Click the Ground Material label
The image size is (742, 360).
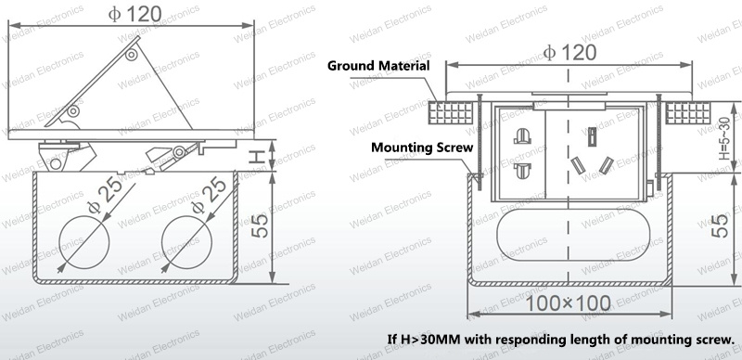coord(378,65)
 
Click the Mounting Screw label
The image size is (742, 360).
coord(422,148)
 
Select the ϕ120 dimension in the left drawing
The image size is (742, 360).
coord(134,14)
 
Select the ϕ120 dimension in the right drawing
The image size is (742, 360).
coord(569,52)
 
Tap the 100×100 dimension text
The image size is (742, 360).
coord(568,303)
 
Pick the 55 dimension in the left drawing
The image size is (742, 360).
coord(260,226)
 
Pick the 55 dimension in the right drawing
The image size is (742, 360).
coord(720,226)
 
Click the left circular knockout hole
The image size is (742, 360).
coord(84,242)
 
